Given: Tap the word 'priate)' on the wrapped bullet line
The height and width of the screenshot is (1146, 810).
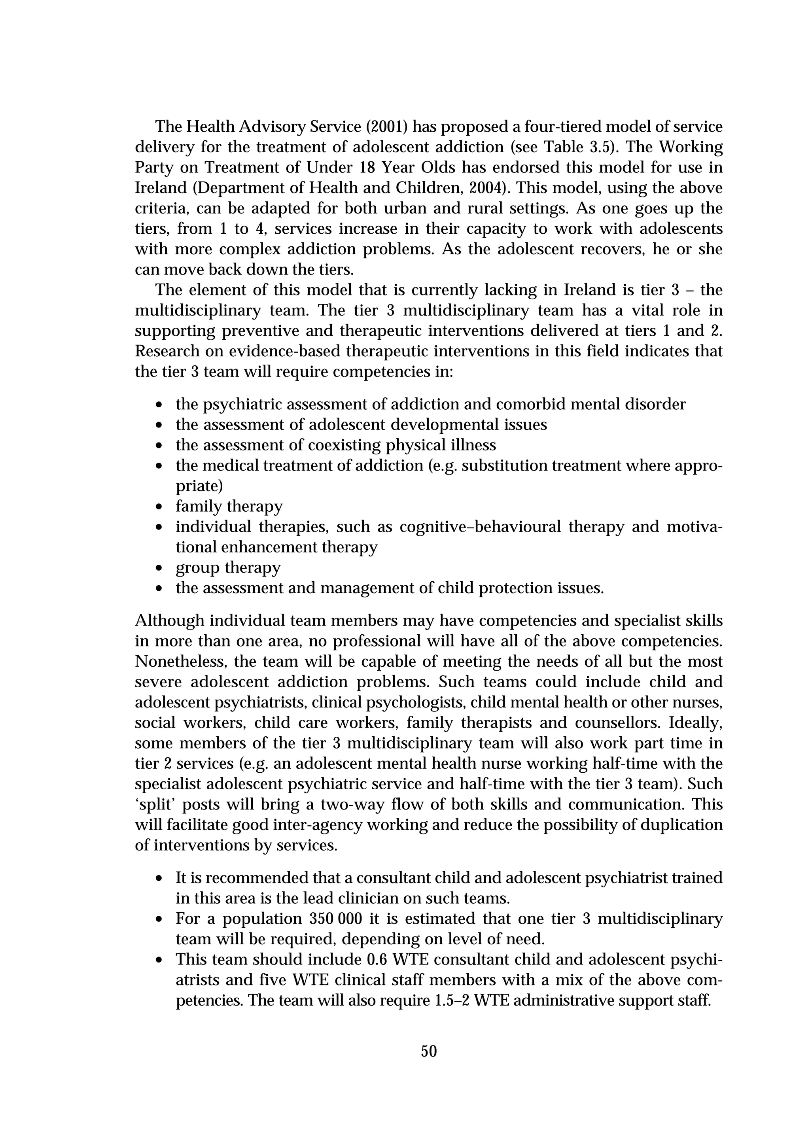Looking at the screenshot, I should pos(199,486).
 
